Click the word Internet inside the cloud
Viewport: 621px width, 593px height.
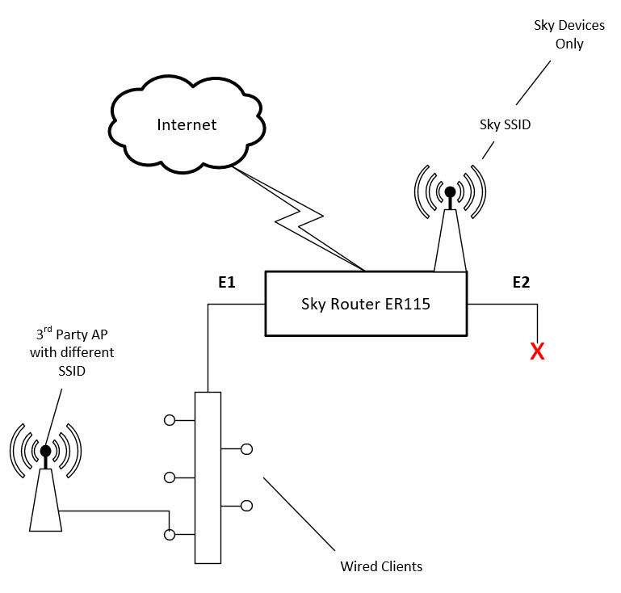coord(187,124)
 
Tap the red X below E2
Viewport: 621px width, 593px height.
coord(536,351)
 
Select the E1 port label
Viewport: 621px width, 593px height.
coord(226,282)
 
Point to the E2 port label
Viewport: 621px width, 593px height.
coord(521,282)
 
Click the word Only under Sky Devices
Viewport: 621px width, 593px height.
coord(569,44)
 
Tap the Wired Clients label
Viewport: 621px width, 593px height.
coord(380,566)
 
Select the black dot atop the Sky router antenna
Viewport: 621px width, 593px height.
coord(450,192)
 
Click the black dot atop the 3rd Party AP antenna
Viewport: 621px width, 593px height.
coord(45,451)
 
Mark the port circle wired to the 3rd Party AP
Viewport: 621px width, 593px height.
coord(170,534)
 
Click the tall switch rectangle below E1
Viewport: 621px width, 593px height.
coord(208,477)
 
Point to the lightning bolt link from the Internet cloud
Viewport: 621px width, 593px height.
coord(303,218)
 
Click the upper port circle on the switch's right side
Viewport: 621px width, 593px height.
coord(246,448)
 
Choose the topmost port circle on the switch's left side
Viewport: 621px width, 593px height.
coord(170,420)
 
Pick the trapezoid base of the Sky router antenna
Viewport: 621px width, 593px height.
coord(450,242)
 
